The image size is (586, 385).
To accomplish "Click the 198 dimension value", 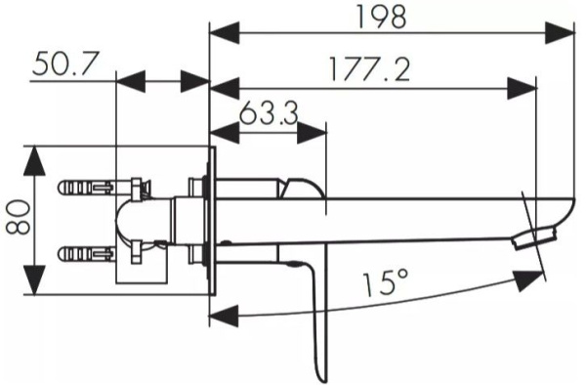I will pyautogui.click(x=381, y=17).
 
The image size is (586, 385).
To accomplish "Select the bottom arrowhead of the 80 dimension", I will pyautogui.click(x=36, y=284).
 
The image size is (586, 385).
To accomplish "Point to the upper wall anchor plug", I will pyautogui.click(x=84, y=185).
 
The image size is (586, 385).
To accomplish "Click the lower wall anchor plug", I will pyautogui.click(x=84, y=255).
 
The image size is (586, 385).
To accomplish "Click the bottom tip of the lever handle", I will pyautogui.click(x=318, y=376).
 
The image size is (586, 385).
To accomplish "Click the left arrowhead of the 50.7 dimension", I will pyautogui.click(x=128, y=81).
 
